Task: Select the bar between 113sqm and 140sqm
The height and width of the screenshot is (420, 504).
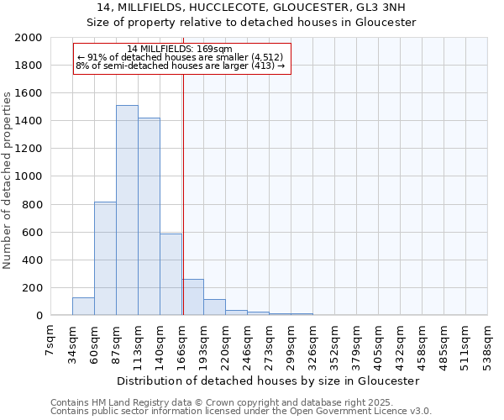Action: (x=149, y=217)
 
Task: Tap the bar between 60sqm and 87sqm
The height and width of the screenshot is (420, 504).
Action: (x=105, y=259)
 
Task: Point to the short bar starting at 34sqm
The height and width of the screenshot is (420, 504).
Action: (x=83, y=307)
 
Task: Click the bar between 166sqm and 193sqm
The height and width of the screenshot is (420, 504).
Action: (x=192, y=297)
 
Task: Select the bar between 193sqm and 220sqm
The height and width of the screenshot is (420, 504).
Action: (x=214, y=307)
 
